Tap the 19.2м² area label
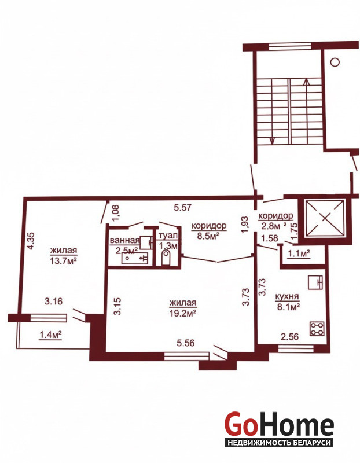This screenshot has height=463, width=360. tap(183, 313)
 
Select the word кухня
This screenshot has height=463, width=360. tap(286, 296)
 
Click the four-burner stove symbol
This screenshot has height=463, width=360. tap(317, 329)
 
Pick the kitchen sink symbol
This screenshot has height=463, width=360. tap(315, 282)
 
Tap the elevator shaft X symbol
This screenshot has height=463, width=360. tap(325, 218)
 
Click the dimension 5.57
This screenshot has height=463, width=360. tap(182, 208)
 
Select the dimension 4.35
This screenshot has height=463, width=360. tap(31, 241)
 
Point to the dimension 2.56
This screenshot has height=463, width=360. tap(289, 337)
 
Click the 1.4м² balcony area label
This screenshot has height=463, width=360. tap(50, 335)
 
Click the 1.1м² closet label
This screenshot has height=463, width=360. tap(299, 253)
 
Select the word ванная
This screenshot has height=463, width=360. tap(124, 240)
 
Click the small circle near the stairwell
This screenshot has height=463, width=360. tap(335, 62)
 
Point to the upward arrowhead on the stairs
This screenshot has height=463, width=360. tap(307, 81)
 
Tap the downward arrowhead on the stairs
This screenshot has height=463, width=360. tap(272, 141)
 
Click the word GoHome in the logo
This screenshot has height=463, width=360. tap(279, 423)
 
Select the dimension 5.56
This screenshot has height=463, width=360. tap(186, 343)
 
